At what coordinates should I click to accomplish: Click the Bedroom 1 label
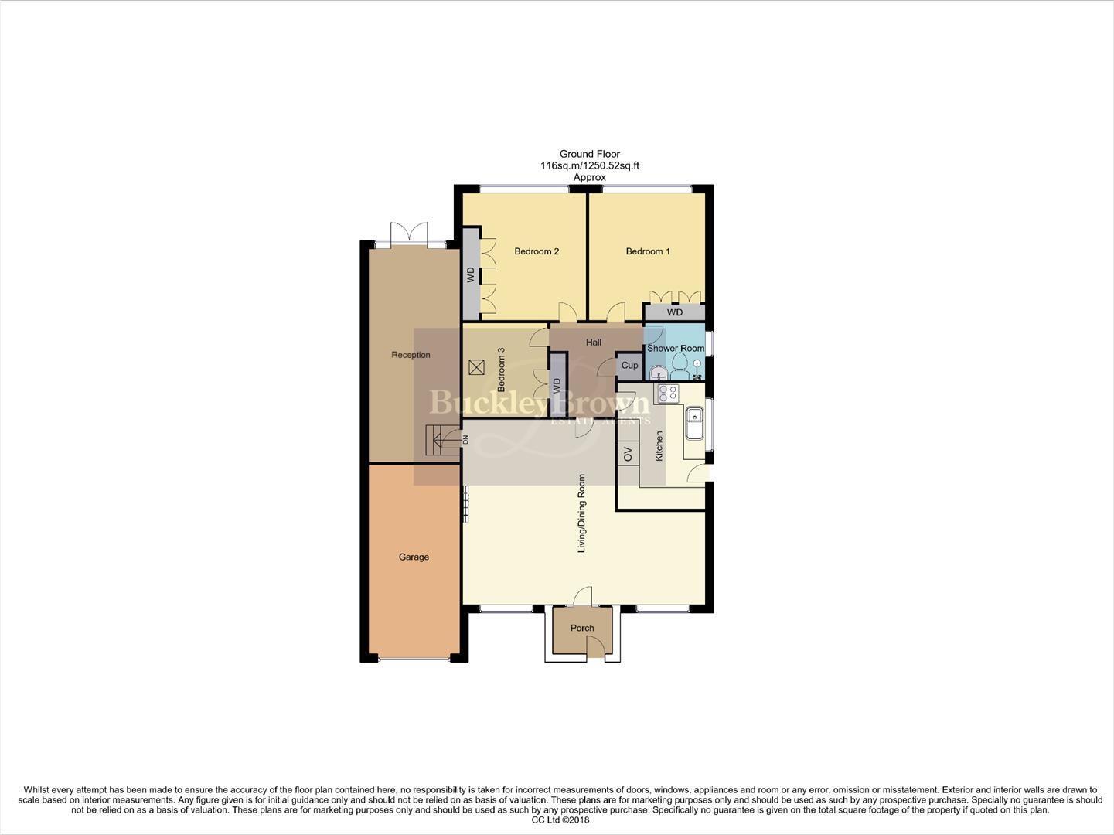pyautogui.click(x=647, y=251)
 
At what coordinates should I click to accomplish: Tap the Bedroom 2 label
pyautogui.click(x=537, y=251)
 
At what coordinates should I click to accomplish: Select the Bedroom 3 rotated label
pyautogui.click(x=501, y=369)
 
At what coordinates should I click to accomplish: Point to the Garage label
pyautogui.click(x=414, y=557)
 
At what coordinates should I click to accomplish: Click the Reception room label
pyautogui.click(x=411, y=355)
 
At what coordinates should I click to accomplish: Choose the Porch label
pyautogui.click(x=582, y=628)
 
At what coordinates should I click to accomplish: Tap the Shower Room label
pyautogui.click(x=676, y=349)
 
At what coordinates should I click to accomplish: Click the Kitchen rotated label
pyautogui.click(x=659, y=446)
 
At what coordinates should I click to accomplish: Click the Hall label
pyautogui.click(x=594, y=343)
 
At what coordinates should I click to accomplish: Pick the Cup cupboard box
pyautogui.click(x=630, y=366)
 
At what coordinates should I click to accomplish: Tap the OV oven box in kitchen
pyautogui.click(x=628, y=455)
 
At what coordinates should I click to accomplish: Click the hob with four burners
pyautogui.click(x=666, y=394)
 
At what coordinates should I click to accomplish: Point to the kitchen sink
pyautogui.click(x=693, y=423)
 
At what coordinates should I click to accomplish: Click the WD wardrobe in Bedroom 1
pyautogui.click(x=675, y=312)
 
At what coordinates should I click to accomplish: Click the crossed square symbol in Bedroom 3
pyautogui.click(x=476, y=366)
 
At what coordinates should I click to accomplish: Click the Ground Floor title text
pyautogui.click(x=590, y=154)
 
